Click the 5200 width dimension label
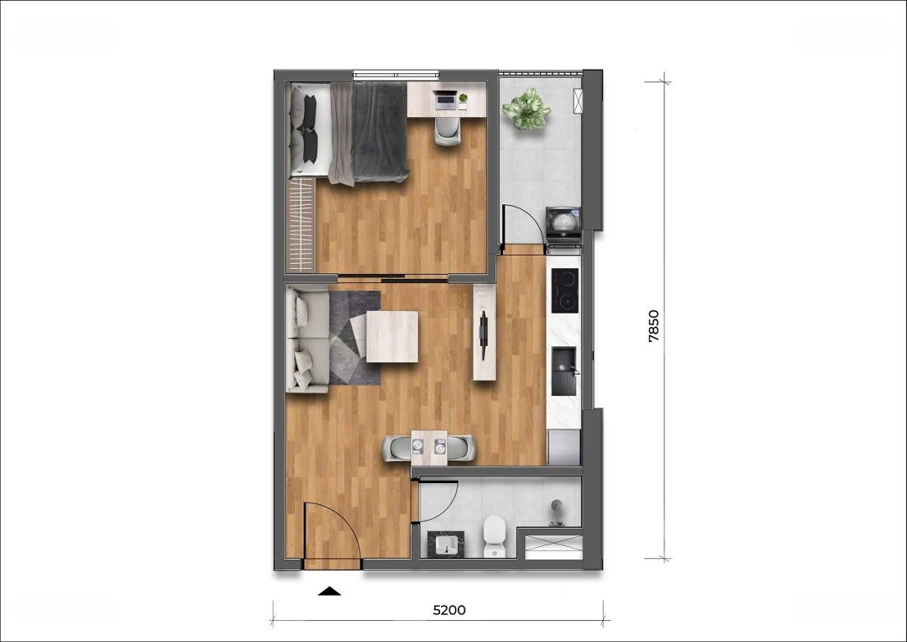click(449, 609)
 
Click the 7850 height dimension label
click(653, 327)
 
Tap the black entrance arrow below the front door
click(330, 591)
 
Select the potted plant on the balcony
click(527, 109)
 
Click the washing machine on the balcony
click(564, 223)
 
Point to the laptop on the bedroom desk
click(445, 100)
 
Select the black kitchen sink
click(564, 371)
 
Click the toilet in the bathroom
click(495, 536)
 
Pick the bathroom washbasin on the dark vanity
click(443, 545)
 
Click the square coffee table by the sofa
click(392, 337)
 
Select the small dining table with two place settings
click(429, 448)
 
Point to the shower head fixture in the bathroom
click(557, 513)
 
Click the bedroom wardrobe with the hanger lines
click(301, 224)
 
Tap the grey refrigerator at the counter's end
click(564, 448)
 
